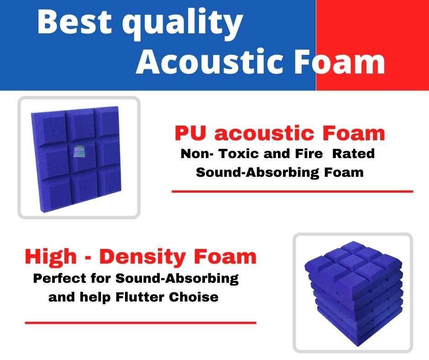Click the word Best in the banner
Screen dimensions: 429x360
74,21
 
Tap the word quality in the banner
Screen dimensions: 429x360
182,24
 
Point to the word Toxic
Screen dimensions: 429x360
239,154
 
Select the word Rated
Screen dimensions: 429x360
353,154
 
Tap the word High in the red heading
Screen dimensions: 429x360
51,257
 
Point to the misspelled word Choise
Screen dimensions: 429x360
194,297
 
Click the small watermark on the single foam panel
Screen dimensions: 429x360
79,151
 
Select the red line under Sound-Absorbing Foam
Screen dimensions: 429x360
292,191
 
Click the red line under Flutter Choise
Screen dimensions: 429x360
141,323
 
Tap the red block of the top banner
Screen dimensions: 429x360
372,45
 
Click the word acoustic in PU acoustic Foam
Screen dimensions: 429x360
264,133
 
